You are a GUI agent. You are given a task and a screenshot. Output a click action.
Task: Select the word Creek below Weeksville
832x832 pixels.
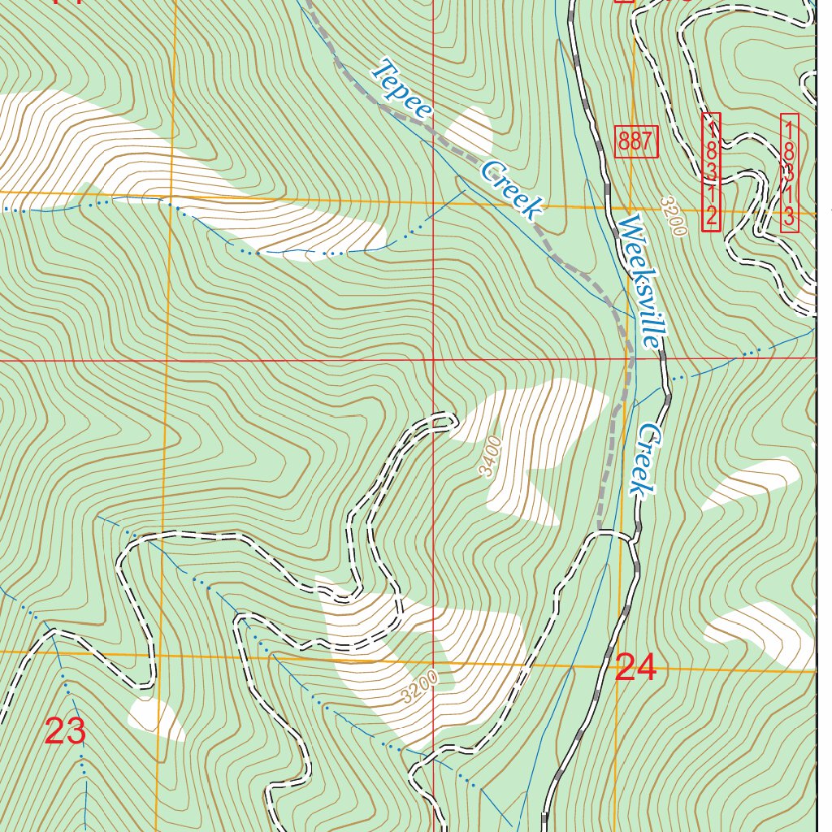(x=646, y=459)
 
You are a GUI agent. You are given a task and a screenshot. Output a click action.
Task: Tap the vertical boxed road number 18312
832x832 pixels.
(x=711, y=171)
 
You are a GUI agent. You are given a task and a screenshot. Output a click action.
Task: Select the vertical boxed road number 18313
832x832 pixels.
(x=790, y=171)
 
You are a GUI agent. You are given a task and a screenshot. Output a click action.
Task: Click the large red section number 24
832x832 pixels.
(x=636, y=668)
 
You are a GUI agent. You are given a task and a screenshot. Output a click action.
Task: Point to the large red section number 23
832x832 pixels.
(x=65, y=732)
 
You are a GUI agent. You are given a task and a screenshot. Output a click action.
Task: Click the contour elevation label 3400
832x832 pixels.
(x=490, y=457)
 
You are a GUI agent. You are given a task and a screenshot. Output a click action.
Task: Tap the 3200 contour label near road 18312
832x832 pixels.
(x=673, y=215)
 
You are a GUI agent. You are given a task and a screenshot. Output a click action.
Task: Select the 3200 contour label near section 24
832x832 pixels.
(x=419, y=687)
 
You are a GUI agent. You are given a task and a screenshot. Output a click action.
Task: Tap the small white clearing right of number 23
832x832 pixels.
(x=155, y=719)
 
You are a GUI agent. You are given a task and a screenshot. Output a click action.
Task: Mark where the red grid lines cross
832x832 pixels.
(x=433, y=358)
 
